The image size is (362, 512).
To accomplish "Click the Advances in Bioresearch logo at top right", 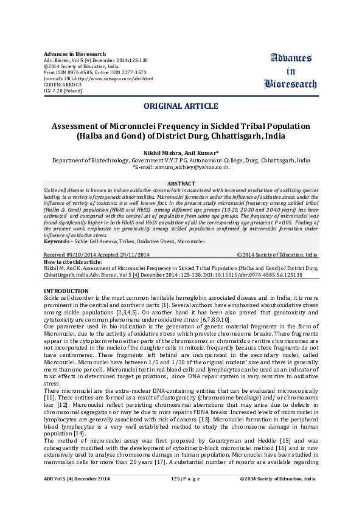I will [x=291, y=71].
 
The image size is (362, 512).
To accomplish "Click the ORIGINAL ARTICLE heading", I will [x=181, y=106].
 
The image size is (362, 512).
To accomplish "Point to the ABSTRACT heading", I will [x=181, y=183].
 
